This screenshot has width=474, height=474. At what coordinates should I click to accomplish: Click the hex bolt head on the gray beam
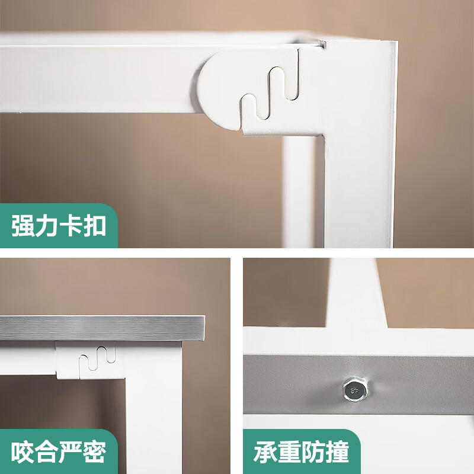[x=355, y=389]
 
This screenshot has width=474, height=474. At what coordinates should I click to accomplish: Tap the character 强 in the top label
[x=23, y=226]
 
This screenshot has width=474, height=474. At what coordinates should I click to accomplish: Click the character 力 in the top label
[x=46, y=226]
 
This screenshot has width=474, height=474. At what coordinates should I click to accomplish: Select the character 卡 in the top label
[x=70, y=226]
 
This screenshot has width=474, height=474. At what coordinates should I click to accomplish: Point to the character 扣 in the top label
[x=94, y=226]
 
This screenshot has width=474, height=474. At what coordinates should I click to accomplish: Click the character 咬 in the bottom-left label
[x=23, y=451]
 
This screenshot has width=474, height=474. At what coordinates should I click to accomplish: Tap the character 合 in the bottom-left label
[x=46, y=451]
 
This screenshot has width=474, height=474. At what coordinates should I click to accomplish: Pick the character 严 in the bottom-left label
[x=70, y=451]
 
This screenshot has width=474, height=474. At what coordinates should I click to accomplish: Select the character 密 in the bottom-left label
[x=94, y=451]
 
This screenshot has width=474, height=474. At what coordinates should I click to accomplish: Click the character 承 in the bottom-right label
[x=265, y=451]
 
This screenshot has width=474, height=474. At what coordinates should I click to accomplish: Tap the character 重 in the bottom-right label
[x=289, y=451]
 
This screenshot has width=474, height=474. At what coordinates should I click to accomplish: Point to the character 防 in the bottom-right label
[x=313, y=451]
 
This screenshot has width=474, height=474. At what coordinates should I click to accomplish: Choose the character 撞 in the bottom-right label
[x=337, y=451]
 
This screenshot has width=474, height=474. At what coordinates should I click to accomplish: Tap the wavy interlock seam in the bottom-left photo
[x=97, y=359]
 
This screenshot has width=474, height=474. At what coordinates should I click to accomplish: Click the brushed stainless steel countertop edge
[x=102, y=328]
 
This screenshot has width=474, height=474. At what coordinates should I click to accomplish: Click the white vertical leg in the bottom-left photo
[x=154, y=408]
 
